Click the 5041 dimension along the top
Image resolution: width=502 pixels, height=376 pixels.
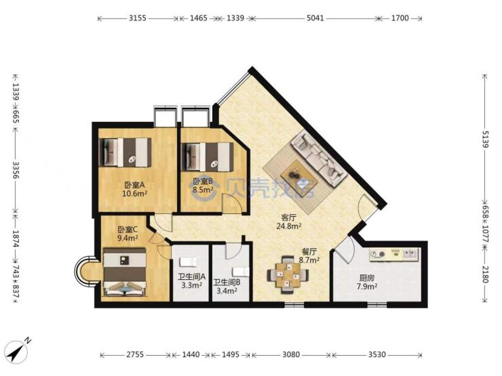coord(315,18)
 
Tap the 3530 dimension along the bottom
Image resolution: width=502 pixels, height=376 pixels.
coord(376,354)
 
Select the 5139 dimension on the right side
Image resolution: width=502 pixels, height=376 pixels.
coord(485,139)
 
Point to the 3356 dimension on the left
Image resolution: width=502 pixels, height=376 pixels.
coord(16,171)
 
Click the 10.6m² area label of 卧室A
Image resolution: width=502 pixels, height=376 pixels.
coord(134,193)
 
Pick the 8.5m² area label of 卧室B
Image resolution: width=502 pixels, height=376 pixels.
coord(203,190)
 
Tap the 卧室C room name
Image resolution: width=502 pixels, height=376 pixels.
coord(128,230)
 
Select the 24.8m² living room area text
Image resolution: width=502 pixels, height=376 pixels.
coord(288,226)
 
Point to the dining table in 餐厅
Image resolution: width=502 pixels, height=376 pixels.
coord(288,274)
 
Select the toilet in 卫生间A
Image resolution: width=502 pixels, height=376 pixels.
coord(188,262)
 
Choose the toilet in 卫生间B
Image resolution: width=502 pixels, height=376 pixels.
coord(241,272)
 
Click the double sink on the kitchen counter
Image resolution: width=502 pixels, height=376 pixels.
coord(410,254)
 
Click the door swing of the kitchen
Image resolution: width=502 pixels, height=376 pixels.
coord(343,250)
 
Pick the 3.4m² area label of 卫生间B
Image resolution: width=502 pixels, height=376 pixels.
coord(227,291)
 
